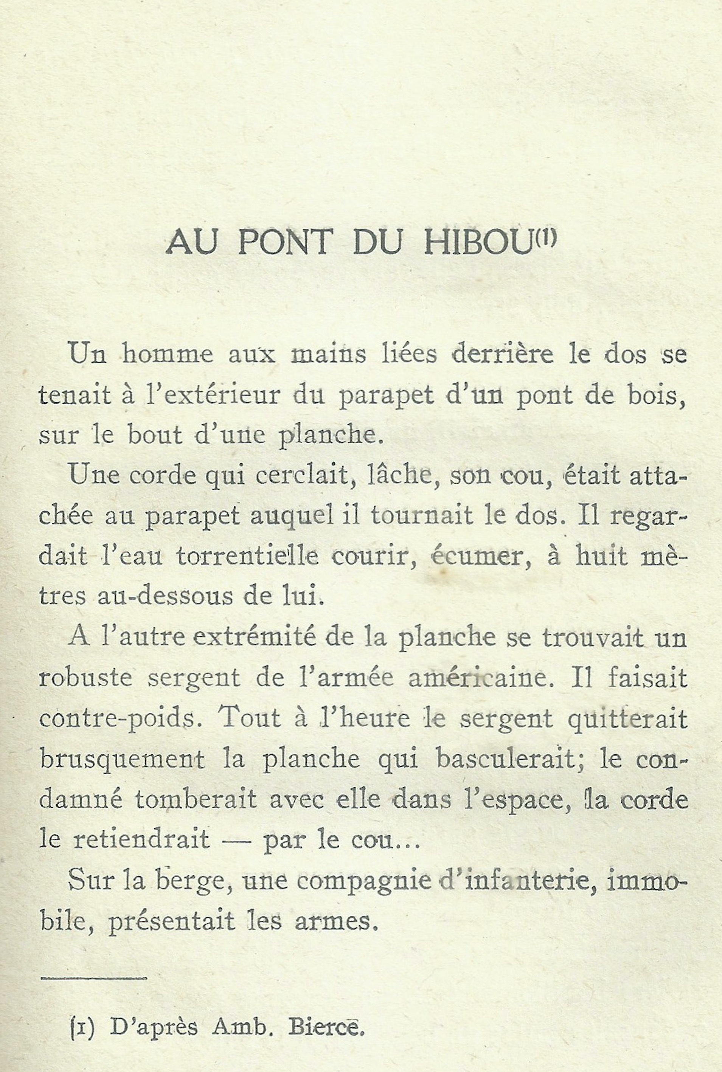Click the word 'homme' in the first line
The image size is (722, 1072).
point(168,354)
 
